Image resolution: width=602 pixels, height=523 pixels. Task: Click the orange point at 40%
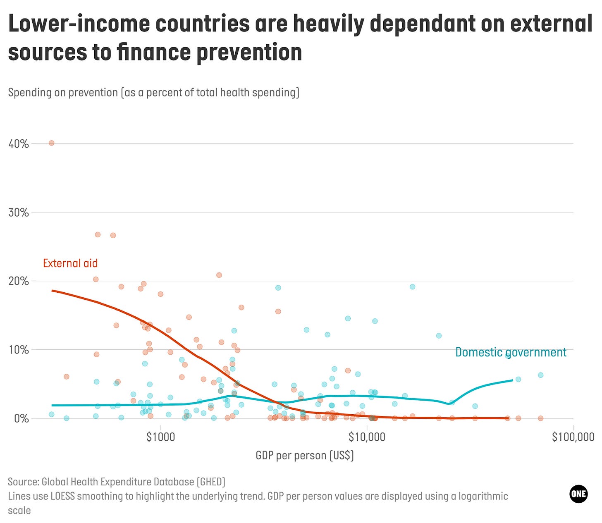(x=52, y=143)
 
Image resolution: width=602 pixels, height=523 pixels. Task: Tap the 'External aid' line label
(x=70, y=263)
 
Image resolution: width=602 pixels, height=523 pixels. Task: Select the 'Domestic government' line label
(x=511, y=352)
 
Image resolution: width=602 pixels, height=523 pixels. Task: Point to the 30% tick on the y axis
(x=19, y=213)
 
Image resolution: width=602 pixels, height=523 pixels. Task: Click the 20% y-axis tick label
(x=19, y=281)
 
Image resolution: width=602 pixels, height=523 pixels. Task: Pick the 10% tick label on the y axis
(x=19, y=350)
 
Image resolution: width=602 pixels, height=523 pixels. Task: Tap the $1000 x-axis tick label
(x=160, y=437)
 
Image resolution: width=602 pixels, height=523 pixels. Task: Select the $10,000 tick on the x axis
(x=367, y=437)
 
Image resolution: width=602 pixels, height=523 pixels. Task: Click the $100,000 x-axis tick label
(x=573, y=437)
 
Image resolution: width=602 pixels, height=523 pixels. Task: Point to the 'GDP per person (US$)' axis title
(x=305, y=456)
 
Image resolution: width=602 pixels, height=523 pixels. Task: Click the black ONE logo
(x=578, y=494)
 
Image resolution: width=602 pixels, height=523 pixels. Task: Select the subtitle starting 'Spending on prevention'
(x=153, y=92)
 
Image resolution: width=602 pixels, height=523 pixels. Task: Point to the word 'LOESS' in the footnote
(x=62, y=496)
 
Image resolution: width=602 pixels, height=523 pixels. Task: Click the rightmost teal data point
(x=540, y=375)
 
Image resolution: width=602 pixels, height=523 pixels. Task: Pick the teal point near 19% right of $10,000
(x=412, y=287)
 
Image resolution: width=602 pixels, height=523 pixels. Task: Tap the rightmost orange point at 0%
(x=540, y=418)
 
